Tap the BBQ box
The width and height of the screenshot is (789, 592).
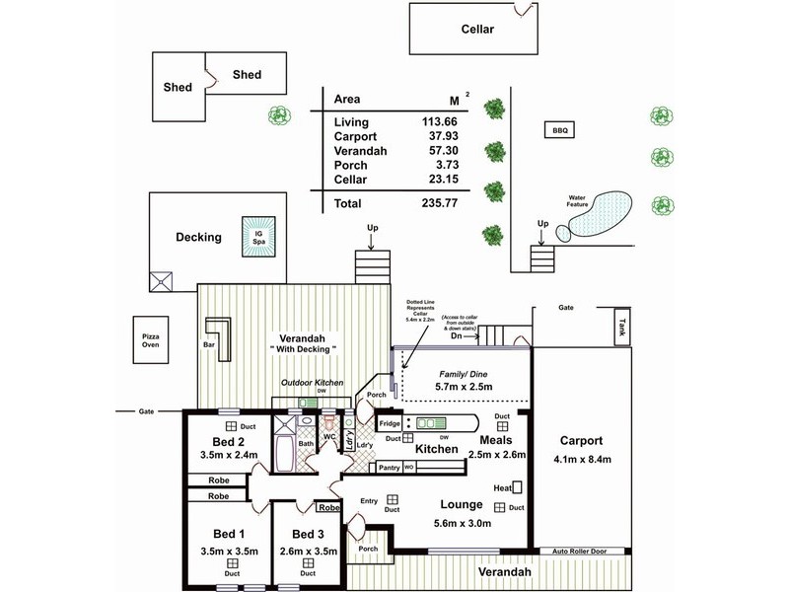pyautogui.click(x=561, y=129)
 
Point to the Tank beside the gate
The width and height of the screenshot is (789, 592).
pyautogui.click(x=620, y=325)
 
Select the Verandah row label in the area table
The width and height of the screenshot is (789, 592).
pyautogui.click(x=360, y=151)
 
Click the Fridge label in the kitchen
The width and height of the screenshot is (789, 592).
pyautogui.click(x=390, y=423)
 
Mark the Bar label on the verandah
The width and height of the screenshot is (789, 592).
pyautogui.click(x=209, y=345)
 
